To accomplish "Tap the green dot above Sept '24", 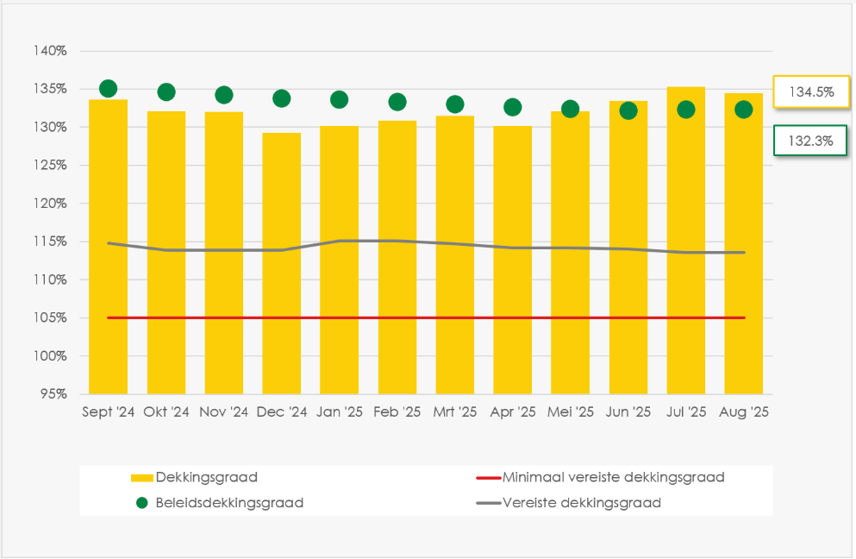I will [108, 89].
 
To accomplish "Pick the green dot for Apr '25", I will [513, 107].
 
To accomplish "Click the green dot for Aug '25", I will [743, 110].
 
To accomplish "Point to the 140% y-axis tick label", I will [50, 51].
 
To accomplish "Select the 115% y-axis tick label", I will [50, 242].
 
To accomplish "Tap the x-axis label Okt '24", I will [166, 412].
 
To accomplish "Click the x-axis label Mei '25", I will [571, 412].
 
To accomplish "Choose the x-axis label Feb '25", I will [397, 412].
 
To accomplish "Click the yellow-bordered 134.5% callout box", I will [811, 92].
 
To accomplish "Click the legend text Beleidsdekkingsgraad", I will [229, 503].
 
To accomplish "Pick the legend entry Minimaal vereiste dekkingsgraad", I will [613, 477].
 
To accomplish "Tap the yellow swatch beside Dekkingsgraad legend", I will [141, 477].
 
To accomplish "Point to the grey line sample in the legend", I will [488, 503].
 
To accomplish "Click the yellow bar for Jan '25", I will [339, 260].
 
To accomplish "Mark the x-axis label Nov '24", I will [224, 412].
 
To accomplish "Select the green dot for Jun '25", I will [628, 110].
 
